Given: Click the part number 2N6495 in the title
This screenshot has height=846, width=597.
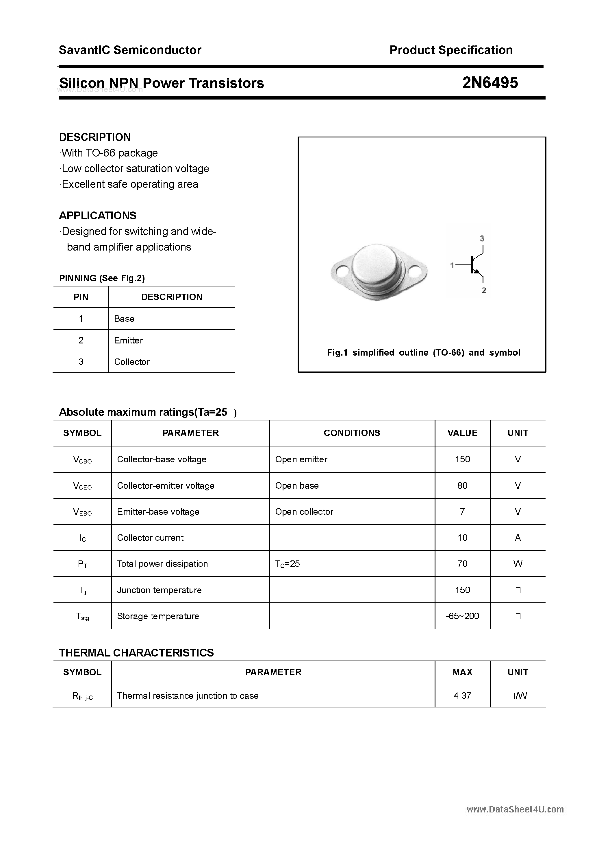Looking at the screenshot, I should tap(490, 83).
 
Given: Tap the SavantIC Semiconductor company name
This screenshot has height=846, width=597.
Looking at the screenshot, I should tap(130, 50).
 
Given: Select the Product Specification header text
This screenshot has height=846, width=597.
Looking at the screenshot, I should tap(451, 50).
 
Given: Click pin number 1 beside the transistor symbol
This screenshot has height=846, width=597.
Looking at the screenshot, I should tap(452, 265).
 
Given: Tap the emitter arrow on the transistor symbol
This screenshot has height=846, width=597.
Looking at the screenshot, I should tap(477, 272).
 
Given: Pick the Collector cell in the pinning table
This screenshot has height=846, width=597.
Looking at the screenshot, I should tap(132, 362).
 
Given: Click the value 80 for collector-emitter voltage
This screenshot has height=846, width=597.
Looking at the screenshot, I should tap(462, 485).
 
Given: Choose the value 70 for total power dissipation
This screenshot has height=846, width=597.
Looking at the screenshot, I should tap(462, 564).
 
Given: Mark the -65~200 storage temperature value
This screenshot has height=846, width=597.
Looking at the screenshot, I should tap(462, 616).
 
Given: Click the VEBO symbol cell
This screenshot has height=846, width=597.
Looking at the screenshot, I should tap(82, 512).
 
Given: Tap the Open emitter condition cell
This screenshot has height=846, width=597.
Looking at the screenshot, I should tap(301, 459).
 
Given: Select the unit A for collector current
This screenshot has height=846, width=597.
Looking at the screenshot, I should tap(518, 538).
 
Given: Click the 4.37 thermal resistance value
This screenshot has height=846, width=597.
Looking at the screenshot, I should tap(462, 696).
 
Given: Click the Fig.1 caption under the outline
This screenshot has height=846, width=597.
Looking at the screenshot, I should tap(423, 353).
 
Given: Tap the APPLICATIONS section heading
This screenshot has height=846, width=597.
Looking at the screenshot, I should tap(98, 216).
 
